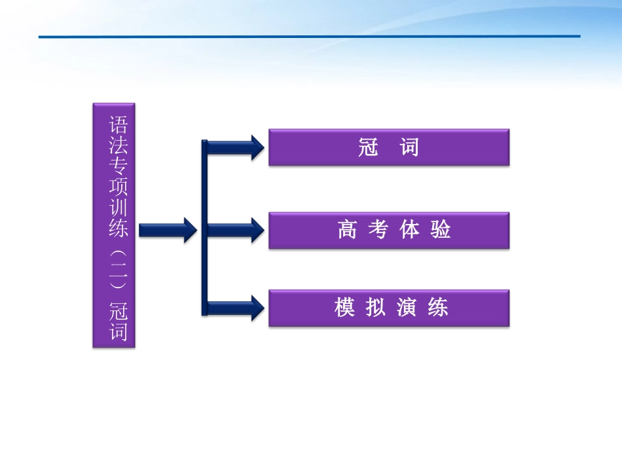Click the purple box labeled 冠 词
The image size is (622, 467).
(x=389, y=147)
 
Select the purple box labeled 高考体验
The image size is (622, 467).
(x=389, y=230)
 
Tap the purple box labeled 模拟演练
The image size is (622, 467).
(x=389, y=308)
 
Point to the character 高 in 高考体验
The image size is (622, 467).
(x=346, y=230)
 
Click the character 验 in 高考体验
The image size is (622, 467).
(x=441, y=230)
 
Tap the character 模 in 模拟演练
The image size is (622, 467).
(x=345, y=308)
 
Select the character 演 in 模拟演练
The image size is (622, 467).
(x=407, y=308)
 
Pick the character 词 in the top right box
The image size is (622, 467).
(x=409, y=147)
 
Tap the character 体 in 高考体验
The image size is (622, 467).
(x=409, y=230)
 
